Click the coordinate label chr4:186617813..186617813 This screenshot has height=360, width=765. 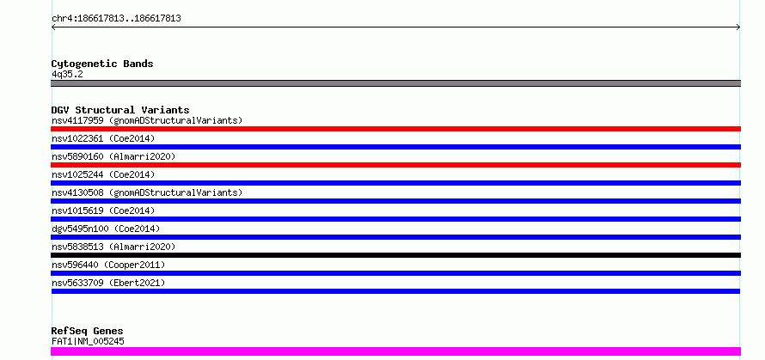click(117, 19)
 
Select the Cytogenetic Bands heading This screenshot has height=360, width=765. click(102, 64)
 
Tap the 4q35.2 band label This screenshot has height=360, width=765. click(67, 74)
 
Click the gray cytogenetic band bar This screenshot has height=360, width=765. click(395, 83)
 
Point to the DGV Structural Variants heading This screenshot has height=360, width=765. click(120, 110)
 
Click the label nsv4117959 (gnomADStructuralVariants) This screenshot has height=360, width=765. click(147, 120)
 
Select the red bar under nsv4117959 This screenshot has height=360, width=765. click(395, 129)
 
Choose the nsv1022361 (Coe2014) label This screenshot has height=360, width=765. click(103, 138)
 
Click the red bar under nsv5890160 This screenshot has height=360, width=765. click(395, 165)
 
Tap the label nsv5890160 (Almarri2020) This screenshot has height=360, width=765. click(113, 156)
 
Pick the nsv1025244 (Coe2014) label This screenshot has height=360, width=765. click(103, 174)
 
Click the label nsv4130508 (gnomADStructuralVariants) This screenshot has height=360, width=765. click(147, 192)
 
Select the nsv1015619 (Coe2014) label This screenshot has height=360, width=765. click(103, 211)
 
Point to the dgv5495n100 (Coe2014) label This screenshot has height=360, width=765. click(106, 229)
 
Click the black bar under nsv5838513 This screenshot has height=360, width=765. click(395, 255)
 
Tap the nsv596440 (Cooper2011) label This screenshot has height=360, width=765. click(108, 265)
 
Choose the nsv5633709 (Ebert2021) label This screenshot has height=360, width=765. click(108, 283)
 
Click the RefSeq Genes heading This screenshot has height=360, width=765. click(87, 332)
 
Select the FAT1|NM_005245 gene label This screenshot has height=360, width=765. click(88, 341)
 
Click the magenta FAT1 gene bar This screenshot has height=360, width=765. click(395, 351)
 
